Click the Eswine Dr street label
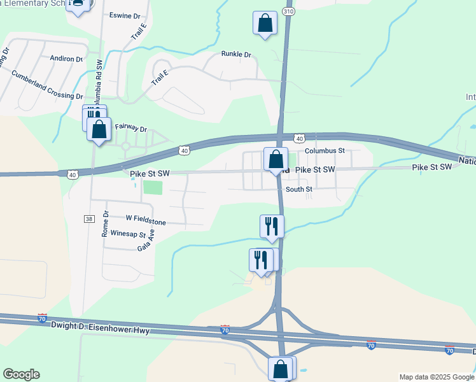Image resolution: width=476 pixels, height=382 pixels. (x=125, y=15)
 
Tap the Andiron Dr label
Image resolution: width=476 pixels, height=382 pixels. (x=67, y=59)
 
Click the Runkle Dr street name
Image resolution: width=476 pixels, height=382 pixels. (x=237, y=54)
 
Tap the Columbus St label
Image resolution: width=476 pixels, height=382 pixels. (x=324, y=151)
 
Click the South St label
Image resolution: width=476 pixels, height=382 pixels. (x=299, y=189)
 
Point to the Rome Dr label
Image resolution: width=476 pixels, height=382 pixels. (x=106, y=224)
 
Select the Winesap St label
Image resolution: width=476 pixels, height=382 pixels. (x=129, y=234)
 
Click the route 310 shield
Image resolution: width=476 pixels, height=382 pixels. (x=289, y=11)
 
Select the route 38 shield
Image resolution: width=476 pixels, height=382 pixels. (x=88, y=218)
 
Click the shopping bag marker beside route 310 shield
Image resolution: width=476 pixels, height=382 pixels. (x=265, y=24)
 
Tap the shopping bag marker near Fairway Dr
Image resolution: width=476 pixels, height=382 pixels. (x=99, y=130)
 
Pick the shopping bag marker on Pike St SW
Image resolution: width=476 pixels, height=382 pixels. (x=276, y=159)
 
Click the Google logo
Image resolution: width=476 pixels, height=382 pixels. (x=21, y=374)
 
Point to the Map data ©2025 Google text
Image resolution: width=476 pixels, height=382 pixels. (x=436, y=377)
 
